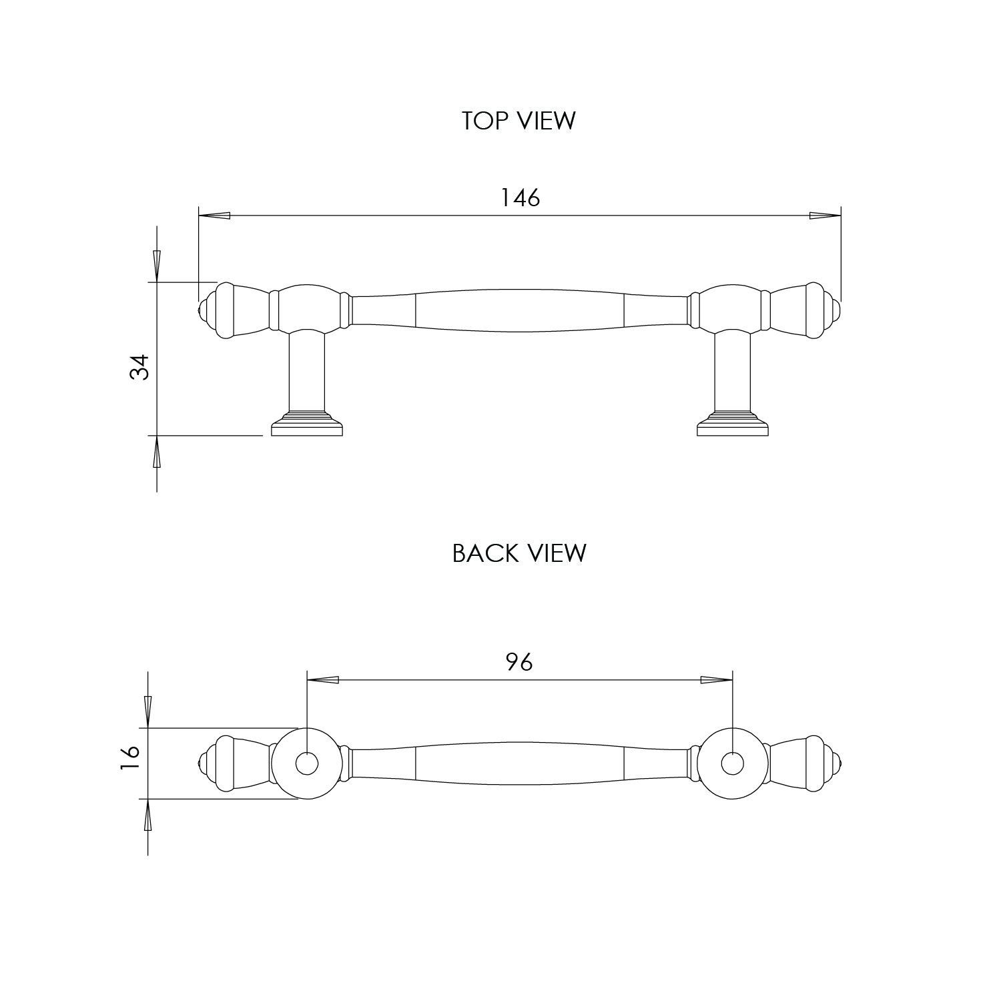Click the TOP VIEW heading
519,121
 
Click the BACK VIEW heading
519,553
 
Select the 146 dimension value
521,198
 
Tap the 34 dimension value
139,367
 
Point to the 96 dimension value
519,662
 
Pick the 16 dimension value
131,759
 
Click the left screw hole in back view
306,764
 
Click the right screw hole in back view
732,764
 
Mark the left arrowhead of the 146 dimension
214,216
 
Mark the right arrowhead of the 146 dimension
825,216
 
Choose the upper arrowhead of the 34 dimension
157,266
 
